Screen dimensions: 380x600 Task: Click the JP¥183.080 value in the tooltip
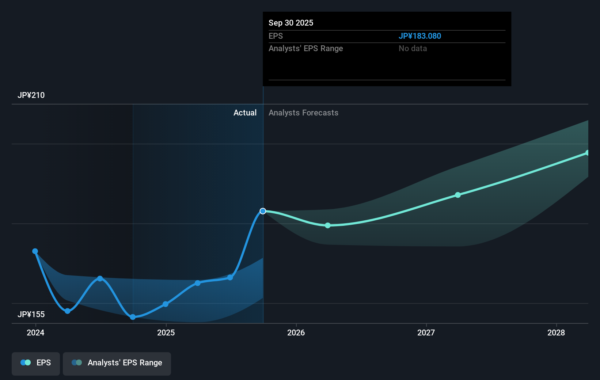(x=419, y=36)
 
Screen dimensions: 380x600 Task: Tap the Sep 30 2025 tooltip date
(x=291, y=23)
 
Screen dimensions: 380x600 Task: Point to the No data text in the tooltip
(x=413, y=49)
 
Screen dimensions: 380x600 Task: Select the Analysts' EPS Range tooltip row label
(x=305, y=49)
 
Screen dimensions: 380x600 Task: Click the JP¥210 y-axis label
(x=31, y=95)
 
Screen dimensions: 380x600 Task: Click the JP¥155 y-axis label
(x=31, y=315)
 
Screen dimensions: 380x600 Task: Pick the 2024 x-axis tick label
(x=35, y=333)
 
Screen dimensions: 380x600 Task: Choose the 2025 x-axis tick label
(x=166, y=333)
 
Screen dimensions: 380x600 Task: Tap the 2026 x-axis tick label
(x=296, y=333)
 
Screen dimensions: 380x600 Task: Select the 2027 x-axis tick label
(x=426, y=333)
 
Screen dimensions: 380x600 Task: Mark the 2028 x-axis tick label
(x=556, y=333)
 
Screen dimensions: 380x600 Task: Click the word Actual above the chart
(x=245, y=113)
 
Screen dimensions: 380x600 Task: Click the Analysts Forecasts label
(x=303, y=113)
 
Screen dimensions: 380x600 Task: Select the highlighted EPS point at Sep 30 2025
(x=263, y=211)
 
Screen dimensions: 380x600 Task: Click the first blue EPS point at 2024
(x=35, y=251)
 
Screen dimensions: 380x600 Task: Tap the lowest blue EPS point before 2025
(x=133, y=317)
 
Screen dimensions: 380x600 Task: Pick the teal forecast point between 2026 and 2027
(x=328, y=225)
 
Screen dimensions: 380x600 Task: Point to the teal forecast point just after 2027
(x=458, y=195)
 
